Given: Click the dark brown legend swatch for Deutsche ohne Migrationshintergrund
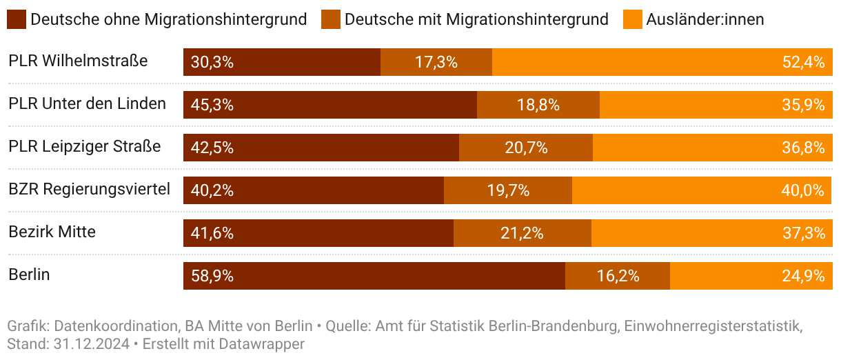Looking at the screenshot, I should (x=17, y=19).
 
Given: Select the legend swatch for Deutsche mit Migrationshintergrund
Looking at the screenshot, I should (x=331, y=19).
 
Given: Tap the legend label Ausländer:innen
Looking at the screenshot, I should (x=705, y=19).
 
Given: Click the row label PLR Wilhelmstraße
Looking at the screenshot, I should (x=78, y=61).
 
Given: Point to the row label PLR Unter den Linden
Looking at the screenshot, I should (x=87, y=104).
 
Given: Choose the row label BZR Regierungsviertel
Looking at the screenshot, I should (x=89, y=189).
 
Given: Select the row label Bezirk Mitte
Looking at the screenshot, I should (x=52, y=232).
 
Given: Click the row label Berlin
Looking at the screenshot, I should (x=29, y=274).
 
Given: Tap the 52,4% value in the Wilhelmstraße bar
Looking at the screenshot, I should (x=803, y=62).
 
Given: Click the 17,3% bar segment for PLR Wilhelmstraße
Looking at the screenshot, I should (x=436, y=62).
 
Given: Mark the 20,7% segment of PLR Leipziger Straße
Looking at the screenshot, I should (x=526, y=148).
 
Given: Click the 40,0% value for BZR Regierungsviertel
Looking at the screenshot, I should (x=803, y=190).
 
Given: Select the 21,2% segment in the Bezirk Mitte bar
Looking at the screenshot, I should (x=522, y=233).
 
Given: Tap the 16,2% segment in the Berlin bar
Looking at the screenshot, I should (x=618, y=276).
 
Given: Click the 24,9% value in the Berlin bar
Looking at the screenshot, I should (x=803, y=276).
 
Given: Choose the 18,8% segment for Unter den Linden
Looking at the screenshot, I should (x=538, y=105).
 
